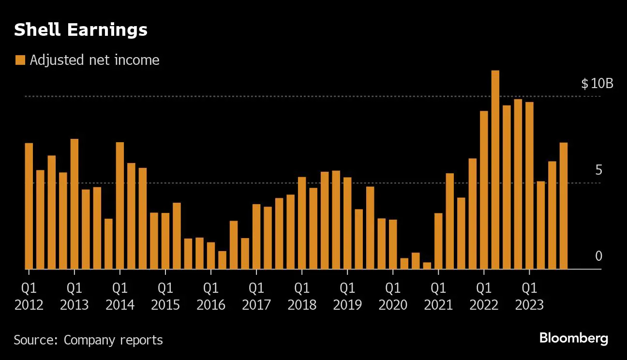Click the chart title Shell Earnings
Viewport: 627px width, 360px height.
coord(80,30)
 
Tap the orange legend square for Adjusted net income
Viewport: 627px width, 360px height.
coord(20,60)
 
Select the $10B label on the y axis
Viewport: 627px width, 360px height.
coord(597,84)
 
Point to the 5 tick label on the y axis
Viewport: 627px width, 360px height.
coord(598,170)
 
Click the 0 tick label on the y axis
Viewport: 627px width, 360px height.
coord(598,256)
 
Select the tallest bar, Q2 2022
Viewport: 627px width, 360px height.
coord(495,169)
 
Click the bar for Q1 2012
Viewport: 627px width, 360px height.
coord(29,206)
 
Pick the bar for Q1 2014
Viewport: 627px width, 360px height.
coord(120,205)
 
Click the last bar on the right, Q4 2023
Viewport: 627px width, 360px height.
coord(564,206)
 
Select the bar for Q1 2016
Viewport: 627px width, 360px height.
coord(211,255)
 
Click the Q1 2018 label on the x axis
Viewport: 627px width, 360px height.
coord(302,296)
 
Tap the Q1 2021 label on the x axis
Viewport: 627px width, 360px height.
coord(438,296)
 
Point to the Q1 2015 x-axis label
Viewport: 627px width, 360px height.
coord(165,296)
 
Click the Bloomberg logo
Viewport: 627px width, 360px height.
coord(573,338)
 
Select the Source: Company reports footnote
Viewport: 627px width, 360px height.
coord(88,340)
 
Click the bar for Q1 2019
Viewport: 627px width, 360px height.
coord(347,223)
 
